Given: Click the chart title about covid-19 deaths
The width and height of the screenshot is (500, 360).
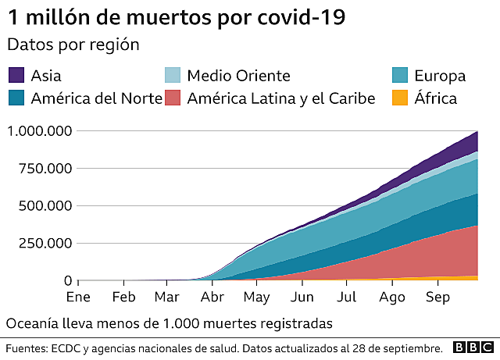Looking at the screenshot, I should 176,17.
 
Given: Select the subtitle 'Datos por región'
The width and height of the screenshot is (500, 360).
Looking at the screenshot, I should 73,45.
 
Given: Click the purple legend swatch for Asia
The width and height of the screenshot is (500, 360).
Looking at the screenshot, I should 16,76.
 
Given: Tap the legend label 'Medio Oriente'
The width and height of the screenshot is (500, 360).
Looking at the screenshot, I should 237,76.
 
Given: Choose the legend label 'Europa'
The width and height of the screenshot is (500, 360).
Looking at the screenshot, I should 440,76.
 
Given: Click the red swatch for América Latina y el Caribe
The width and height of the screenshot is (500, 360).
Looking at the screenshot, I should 173,98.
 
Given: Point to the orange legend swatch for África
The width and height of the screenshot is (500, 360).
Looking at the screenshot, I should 398,98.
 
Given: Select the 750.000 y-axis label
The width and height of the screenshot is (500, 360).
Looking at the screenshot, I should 44,169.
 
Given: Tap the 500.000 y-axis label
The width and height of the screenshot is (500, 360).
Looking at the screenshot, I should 44,206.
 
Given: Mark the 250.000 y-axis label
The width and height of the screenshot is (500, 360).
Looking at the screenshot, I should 44,244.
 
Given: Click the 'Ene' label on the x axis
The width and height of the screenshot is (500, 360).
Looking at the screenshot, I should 78,298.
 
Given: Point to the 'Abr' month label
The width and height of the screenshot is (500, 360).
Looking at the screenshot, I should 212,298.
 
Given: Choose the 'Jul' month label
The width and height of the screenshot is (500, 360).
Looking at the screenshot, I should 347,298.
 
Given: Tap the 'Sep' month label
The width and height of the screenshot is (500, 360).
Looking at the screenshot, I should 437,298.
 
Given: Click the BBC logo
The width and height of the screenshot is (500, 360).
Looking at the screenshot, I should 472,348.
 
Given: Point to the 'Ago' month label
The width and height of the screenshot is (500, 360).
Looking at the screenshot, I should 391,298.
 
